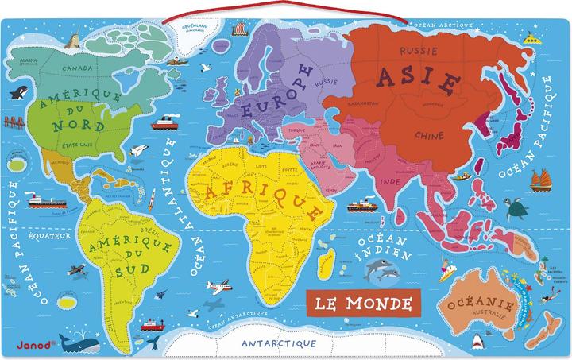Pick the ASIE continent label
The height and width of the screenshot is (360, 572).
pos(418,80)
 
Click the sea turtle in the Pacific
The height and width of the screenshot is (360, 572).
pos(520,207)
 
